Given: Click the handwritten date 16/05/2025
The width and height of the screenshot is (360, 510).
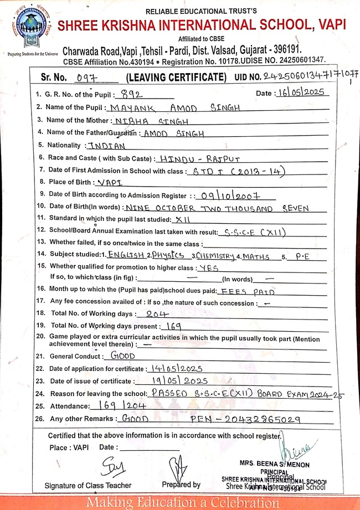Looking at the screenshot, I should point(302,92).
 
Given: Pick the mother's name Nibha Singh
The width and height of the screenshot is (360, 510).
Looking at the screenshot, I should point(151,121).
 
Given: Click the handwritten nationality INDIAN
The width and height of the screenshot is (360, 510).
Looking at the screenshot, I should point(107,146).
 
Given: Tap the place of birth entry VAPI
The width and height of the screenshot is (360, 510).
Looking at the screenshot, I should point(109,182).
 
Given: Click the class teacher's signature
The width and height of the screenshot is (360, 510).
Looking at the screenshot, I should point(110,464).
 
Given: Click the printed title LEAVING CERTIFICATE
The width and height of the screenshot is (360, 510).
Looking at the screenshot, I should point(176,77).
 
